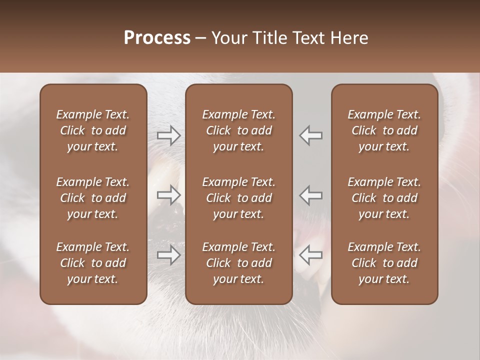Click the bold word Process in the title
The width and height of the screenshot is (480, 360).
click(157, 38)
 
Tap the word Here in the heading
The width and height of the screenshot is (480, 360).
click(349, 38)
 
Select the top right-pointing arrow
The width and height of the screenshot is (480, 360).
click(169, 135)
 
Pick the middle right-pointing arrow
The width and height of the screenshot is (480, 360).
click(169, 195)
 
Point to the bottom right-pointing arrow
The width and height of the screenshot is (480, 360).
click(169, 255)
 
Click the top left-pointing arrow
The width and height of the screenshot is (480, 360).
click(310, 135)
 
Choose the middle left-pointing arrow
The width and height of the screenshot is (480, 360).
click(310, 195)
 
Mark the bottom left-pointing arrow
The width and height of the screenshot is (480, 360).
click(310, 255)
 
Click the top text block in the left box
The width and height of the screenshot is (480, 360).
click(93, 130)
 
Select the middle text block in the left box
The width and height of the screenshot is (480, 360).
click(93, 198)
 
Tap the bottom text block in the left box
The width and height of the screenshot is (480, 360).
click(93, 263)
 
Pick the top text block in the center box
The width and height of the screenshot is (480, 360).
click(238, 130)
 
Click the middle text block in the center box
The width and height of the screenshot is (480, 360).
click(238, 198)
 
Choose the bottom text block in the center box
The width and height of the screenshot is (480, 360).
click(238, 263)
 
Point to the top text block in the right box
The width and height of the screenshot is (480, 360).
click(384, 130)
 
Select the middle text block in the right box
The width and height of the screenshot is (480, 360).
click(384, 198)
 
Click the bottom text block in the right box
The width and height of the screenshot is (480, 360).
click(384, 263)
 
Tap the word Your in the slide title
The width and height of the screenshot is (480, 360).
click(228, 38)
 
